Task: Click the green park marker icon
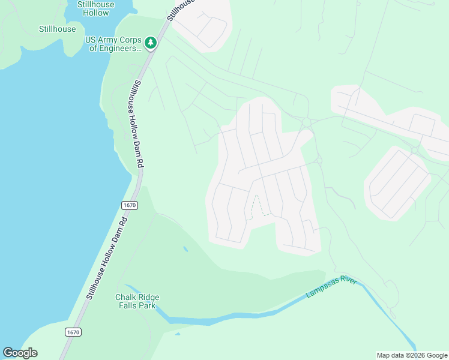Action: (x=150, y=43)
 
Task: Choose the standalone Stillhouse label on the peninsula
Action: (x=58, y=29)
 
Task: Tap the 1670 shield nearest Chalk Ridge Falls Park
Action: (x=73, y=332)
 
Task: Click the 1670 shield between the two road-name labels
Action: (x=130, y=205)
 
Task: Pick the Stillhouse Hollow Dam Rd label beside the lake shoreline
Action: (x=107, y=257)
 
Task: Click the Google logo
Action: (x=20, y=353)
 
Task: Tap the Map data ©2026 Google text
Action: (x=412, y=355)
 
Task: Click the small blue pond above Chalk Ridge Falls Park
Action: (x=185, y=248)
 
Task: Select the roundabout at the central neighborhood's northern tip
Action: (x=306, y=122)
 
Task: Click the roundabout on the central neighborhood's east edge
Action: (x=319, y=160)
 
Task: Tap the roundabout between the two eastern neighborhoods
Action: (x=414, y=149)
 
